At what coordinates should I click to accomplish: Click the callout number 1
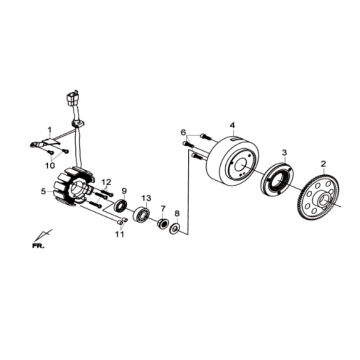[50, 129]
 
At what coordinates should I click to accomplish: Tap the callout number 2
[323, 164]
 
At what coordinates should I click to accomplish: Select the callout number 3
[284, 153]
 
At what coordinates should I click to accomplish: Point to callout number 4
[232, 125]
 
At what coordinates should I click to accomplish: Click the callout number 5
[43, 191]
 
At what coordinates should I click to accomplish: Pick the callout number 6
[183, 132]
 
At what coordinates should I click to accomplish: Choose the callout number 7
[163, 209]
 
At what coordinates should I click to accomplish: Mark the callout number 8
[177, 213]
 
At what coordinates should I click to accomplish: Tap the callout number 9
[124, 191]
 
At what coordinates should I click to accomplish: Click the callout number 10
[50, 166]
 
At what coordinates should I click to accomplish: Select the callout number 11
[119, 234]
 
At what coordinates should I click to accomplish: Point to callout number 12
[106, 182]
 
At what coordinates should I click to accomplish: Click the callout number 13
[146, 198]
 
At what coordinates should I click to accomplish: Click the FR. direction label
[38, 246]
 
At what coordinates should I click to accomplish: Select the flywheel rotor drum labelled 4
[232, 160]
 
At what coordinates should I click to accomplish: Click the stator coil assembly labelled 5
[74, 187]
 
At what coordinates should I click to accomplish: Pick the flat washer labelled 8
[174, 228]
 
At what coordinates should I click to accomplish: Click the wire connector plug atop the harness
[73, 98]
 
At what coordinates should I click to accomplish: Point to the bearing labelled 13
[141, 215]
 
